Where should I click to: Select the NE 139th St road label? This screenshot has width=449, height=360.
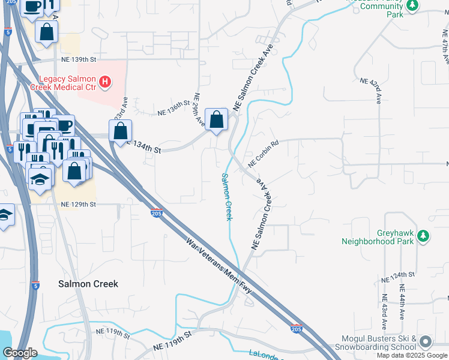79,59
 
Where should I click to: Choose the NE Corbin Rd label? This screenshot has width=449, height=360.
264,153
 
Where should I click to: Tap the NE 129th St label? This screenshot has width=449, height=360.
79,205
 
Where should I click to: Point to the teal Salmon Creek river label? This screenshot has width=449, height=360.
227,196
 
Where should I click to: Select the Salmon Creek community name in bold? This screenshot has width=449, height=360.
88,284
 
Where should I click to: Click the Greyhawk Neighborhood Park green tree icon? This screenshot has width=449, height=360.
424,236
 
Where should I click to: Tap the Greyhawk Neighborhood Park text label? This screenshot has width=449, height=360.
378,237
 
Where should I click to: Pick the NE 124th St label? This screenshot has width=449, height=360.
398,277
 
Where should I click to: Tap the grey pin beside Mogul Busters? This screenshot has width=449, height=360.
426,342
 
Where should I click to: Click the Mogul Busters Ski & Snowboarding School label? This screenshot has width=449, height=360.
378,343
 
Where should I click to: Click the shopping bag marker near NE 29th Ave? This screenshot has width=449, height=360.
216,120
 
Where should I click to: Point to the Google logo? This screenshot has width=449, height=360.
19,353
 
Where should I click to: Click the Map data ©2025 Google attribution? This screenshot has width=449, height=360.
412,355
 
